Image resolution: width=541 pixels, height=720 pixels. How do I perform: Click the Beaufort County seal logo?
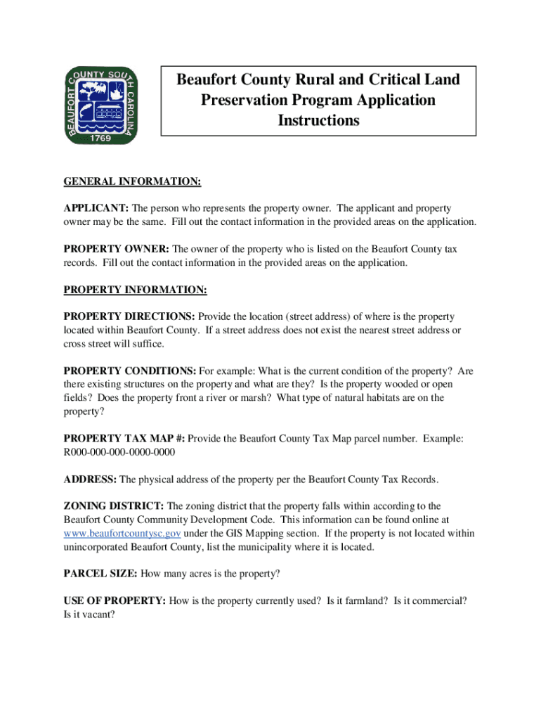[x=101, y=105]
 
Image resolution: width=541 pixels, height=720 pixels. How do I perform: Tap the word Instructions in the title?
[x=318, y=121]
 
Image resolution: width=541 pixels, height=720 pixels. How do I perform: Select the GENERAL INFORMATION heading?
[x=133, y=183]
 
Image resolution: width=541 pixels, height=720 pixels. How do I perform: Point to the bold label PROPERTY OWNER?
[x=117, y=249]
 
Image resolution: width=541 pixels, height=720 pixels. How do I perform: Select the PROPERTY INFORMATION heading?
[x=136, y=290]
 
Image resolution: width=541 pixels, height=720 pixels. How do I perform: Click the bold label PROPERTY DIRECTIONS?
[x=130, y=316]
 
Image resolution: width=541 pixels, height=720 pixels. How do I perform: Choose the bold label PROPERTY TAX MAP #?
[x=124, y=439]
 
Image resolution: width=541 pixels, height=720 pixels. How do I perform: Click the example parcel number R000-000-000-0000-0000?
[x=119, y=452]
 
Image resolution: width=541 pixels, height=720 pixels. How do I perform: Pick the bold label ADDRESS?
[x=91, y=480]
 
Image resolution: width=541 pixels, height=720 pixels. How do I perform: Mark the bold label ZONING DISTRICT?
[x=114, y=506]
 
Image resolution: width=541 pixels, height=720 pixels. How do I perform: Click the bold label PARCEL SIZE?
[x=101, y=574]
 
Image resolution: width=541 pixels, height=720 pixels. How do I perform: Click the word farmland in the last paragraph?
[x=366, y=600]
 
